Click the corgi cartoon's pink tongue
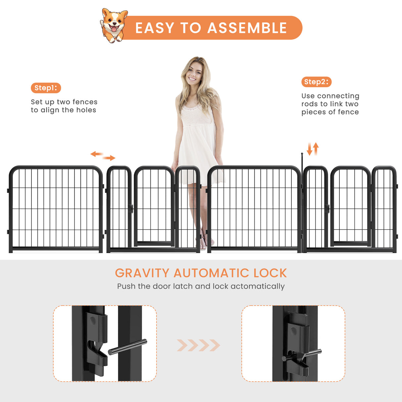coord(114,29)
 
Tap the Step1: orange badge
coord(46,88)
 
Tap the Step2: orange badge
coord(316,82)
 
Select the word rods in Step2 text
coord(309,104)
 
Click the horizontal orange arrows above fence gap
coord(103,156)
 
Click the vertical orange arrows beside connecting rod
coord(313,149)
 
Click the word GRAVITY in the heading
coord(142,273)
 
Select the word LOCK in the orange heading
coord(270,273)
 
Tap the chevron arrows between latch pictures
coord(198,345)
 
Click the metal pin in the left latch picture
coord(127,347)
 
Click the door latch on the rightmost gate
coord(327,209)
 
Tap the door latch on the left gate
coord(131,209)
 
